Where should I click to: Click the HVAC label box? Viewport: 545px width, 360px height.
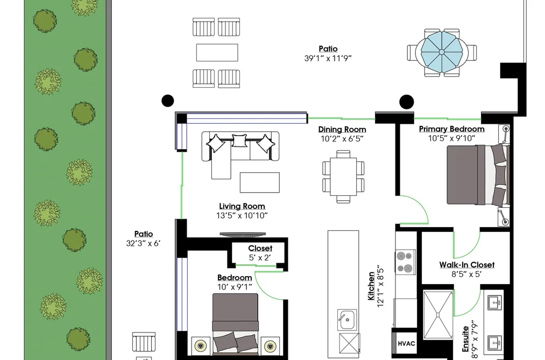click(406, 343)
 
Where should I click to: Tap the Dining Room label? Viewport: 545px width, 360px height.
click(342, 129)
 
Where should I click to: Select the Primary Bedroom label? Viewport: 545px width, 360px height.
click(451, 129)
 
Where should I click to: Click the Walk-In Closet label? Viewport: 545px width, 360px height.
click(467, 265)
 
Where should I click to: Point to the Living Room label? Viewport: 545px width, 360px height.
click(242, 206)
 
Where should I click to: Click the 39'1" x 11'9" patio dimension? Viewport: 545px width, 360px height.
click(328, 58)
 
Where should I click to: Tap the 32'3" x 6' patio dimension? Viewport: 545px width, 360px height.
click(143, 243)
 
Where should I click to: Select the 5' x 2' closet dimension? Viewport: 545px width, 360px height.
click(260, 258)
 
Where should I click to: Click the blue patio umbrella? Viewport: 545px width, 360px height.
click(441, 52)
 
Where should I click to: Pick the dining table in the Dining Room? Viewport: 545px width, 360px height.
click(343, 177)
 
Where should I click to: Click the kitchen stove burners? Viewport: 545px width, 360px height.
click(406, 262)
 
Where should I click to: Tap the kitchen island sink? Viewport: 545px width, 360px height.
click(346, 319)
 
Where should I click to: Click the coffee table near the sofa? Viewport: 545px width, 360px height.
click(260, 182)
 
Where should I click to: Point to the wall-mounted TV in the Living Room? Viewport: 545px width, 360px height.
click(242, 234)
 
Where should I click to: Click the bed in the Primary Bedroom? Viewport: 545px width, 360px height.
click(478, 175)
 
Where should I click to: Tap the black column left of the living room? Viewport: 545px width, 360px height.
click(168, 101)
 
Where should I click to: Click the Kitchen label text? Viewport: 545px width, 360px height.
click(372, 286)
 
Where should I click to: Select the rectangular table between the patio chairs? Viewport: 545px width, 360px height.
click(217, 53)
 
